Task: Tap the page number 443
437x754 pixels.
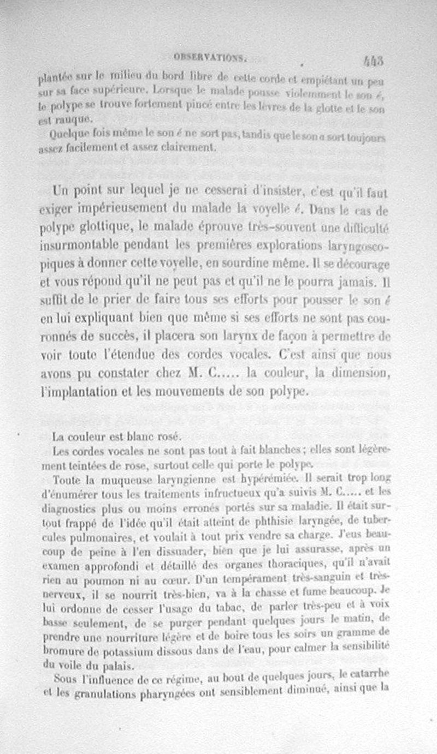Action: pos(372,59)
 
